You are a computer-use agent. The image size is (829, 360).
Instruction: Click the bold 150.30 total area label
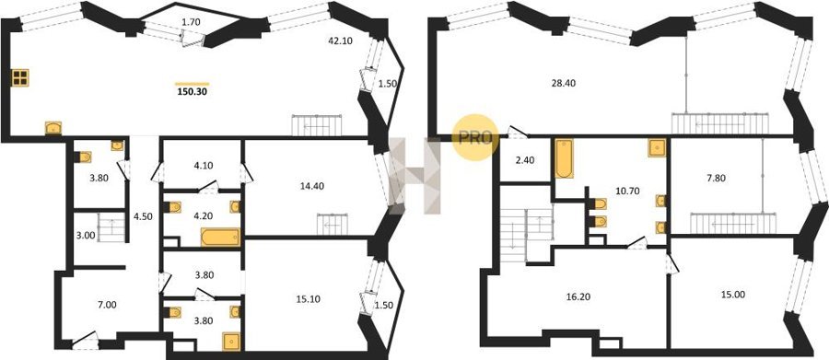pos(193,91)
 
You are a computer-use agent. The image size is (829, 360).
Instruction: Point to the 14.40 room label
pos(312,186)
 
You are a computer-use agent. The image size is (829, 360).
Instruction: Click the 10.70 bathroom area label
pos(628,191)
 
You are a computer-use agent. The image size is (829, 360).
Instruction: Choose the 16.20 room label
pos(578,297)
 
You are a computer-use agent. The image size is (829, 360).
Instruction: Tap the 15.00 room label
pos(733,295)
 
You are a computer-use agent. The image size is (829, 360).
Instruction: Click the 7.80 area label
pos(718,178)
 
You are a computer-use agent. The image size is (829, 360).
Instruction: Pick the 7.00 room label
pos(108,305)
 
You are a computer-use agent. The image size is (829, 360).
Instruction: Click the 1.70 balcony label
pos(191,22)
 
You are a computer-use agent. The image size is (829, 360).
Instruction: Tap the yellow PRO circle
pos(475,138)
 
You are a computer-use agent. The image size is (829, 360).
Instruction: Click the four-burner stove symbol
pos(20,77)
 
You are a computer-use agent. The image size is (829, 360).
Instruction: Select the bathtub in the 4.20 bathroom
pos(220,237)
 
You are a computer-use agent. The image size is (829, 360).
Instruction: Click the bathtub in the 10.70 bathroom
pos(564,158)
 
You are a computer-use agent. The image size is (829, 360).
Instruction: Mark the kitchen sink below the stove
pos(53,128)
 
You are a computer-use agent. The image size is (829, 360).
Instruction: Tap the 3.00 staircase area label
pos(85,236)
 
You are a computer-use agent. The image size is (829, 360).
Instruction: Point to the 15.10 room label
pos(312,298)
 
